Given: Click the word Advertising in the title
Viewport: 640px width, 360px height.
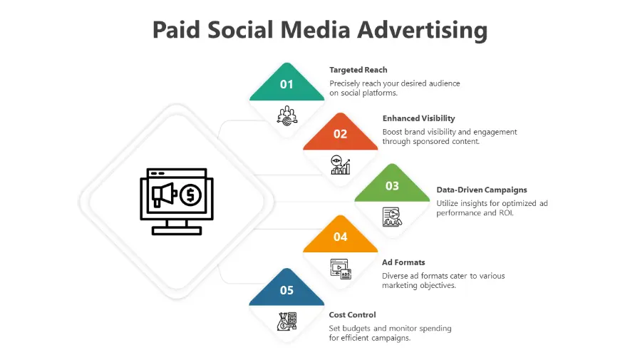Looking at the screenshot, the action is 423,30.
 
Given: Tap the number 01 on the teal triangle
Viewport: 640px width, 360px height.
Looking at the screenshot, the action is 287,85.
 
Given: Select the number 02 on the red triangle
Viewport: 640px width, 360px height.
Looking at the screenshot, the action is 340,134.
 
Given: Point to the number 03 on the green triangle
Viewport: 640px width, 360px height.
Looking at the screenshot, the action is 392,186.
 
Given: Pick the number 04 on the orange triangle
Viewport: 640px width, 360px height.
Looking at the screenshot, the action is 340,237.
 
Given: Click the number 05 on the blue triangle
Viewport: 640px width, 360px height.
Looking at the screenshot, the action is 287,290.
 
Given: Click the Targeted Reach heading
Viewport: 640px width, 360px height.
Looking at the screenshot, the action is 358,70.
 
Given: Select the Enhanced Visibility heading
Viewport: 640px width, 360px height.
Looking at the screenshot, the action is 419,118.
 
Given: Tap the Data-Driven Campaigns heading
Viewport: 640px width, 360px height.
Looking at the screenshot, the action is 482,190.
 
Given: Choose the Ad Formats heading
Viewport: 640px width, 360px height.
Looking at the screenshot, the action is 403,262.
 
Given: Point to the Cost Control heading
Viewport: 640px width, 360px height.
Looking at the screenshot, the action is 352,314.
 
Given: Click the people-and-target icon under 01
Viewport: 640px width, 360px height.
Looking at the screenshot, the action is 287,116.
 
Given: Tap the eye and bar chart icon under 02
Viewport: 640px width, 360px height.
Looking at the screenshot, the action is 341,165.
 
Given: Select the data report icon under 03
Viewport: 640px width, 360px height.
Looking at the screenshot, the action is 392,217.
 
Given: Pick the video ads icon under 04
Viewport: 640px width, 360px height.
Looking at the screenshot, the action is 341,269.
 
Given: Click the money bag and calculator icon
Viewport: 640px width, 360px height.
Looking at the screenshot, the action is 287,322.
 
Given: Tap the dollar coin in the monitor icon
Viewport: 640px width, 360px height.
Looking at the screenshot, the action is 190,195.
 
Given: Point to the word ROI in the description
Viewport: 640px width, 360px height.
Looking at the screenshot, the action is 506,213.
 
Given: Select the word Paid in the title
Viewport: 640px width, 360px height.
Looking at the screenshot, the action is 176,30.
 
